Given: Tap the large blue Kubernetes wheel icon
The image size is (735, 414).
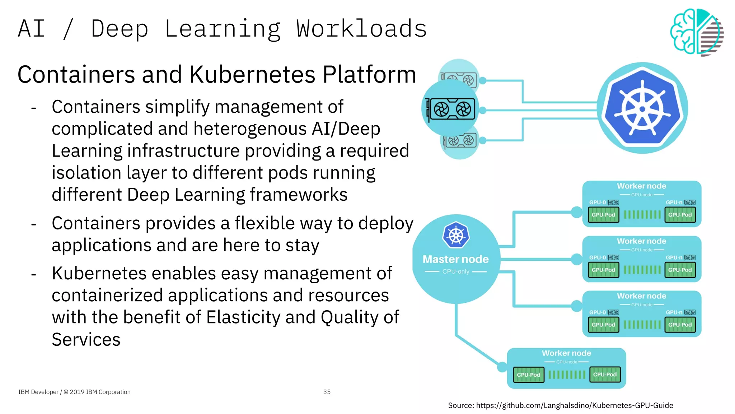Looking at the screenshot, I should point(642,108).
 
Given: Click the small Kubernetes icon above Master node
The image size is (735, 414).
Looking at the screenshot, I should point(456,235).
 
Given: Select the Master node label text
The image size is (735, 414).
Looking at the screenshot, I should point(455,259).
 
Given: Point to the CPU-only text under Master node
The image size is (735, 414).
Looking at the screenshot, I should point(455,271).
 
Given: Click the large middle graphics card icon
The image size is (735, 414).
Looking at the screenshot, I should point(450,109).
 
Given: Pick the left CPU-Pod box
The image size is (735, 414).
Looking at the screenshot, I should point(528,375).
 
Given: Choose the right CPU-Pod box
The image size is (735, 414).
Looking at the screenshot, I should point(605,374).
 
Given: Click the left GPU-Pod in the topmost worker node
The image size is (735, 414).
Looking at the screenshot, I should point(603,215).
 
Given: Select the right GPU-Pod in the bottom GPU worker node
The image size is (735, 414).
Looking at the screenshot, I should point(680,325).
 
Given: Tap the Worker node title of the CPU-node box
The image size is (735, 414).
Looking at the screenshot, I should point(566,353).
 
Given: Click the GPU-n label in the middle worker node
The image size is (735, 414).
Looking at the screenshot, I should point(674,257).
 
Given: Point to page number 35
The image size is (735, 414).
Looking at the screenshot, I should point(327,392).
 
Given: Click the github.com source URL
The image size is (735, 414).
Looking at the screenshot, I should point(574,405).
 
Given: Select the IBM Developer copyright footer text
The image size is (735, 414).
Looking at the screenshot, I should point(74,392).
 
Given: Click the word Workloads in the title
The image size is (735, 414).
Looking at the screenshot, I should point(361,29).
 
